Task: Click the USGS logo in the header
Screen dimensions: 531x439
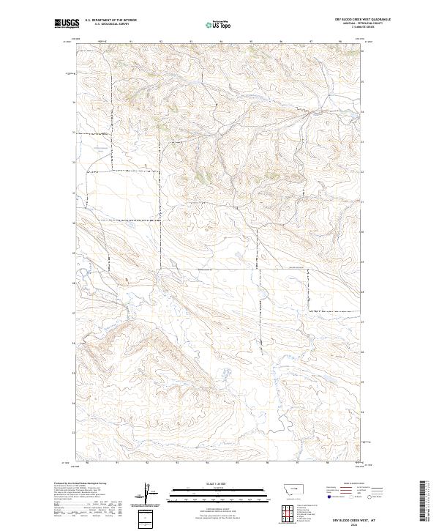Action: [66, 23]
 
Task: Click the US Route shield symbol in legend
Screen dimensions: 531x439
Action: [348, 497]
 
